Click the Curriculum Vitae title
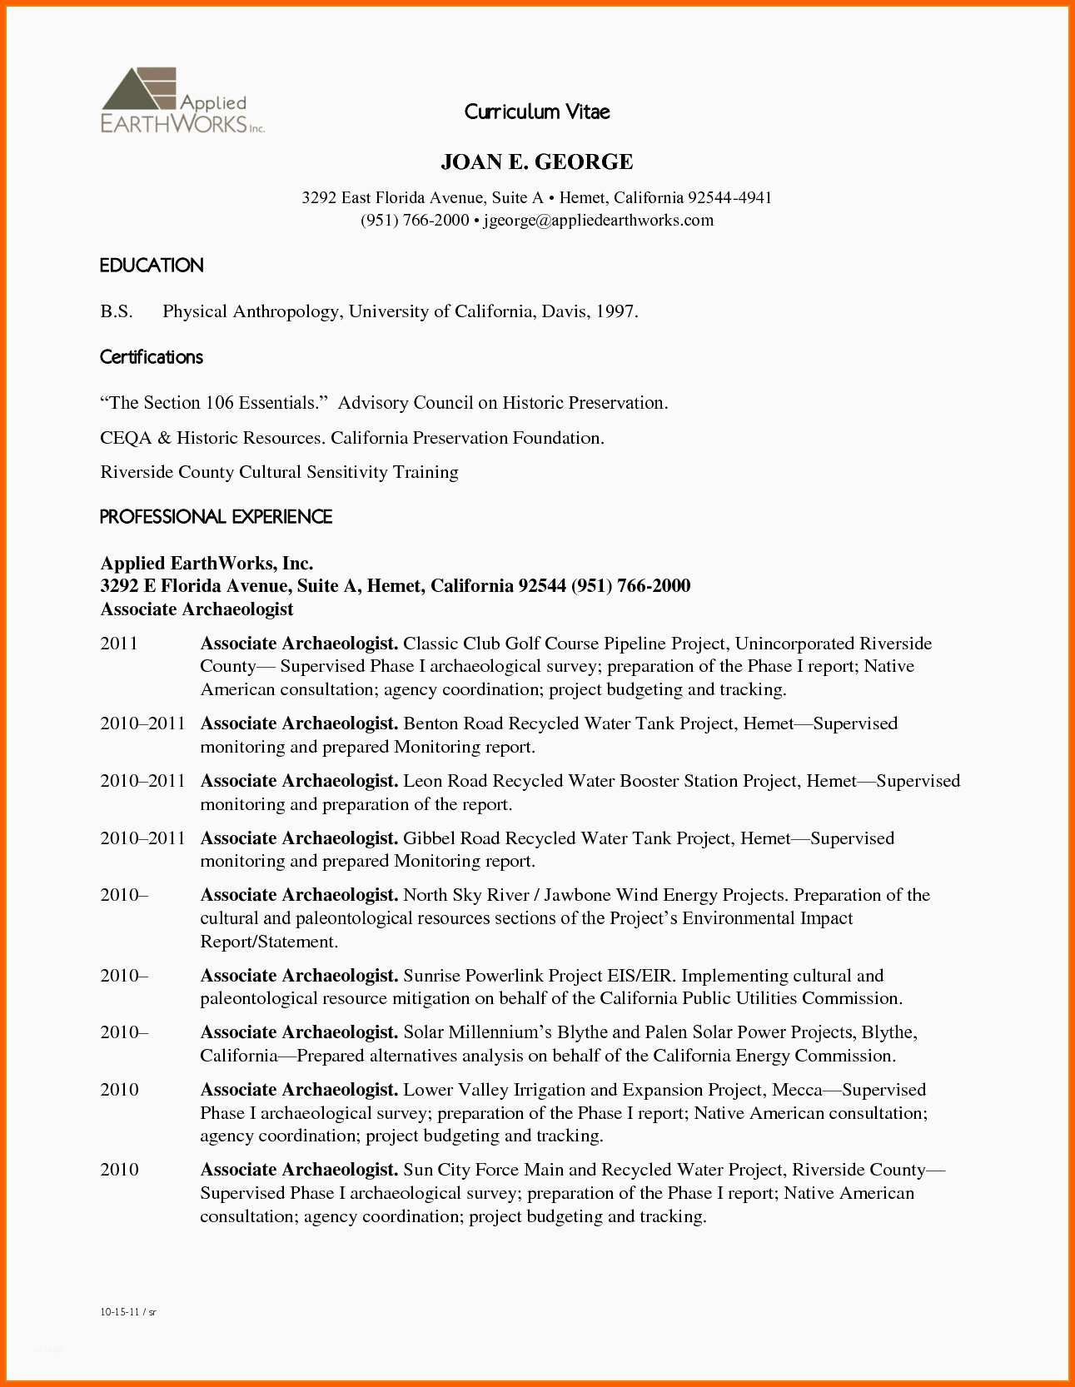[x=537, y=112]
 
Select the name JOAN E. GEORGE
[x=537, y=162]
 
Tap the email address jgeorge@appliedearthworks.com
[x=599, y=221]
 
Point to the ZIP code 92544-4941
[x=729, y=198]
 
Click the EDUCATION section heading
[x=152, y=266]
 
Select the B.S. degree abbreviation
[x=117, y=311]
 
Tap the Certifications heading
[x=152, y=357]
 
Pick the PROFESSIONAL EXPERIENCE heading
[x=216, y=517]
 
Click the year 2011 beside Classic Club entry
[x=119, y=644]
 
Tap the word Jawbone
[x=577, y=895]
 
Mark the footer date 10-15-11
[x=118, y=1312]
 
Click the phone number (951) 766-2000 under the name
[x=415, y=221]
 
